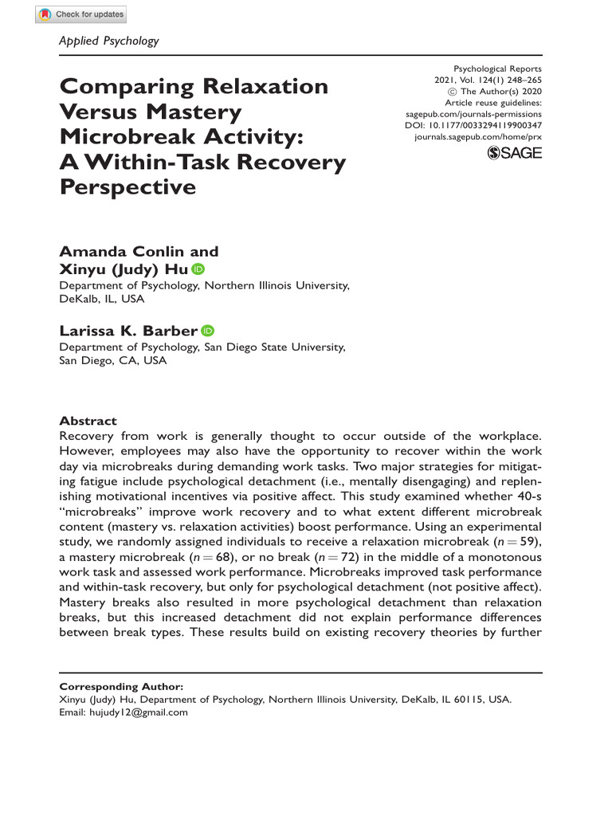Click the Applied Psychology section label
[x=109, y=41]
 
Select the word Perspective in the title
[x=127, y=187]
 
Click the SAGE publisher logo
[x=514, y=153]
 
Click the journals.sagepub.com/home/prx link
[x=478, y=138]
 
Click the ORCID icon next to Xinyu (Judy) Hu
[x=198, y=269]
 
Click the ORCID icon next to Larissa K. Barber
[x=209, y=331]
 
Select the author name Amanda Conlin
[x=118, y=252]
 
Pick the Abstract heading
[x=88, y=421]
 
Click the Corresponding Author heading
[x=122, y=685]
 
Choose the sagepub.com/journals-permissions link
[x=473, y=115]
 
